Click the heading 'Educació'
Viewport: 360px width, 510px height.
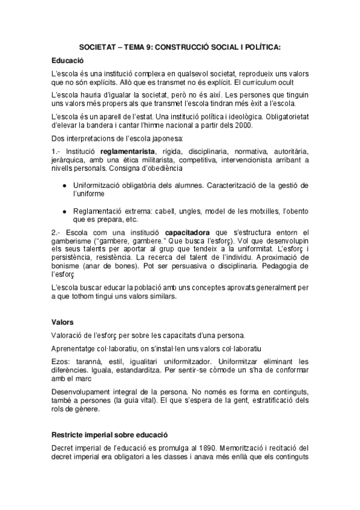point(67,61)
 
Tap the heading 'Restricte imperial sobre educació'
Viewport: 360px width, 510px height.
point(109,434)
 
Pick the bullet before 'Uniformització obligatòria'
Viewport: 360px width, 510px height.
point(64,186)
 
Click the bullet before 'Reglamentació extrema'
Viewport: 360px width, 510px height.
point(64,211)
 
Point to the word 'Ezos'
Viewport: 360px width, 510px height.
point(61,361)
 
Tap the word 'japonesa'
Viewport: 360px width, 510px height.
point(156,138)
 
